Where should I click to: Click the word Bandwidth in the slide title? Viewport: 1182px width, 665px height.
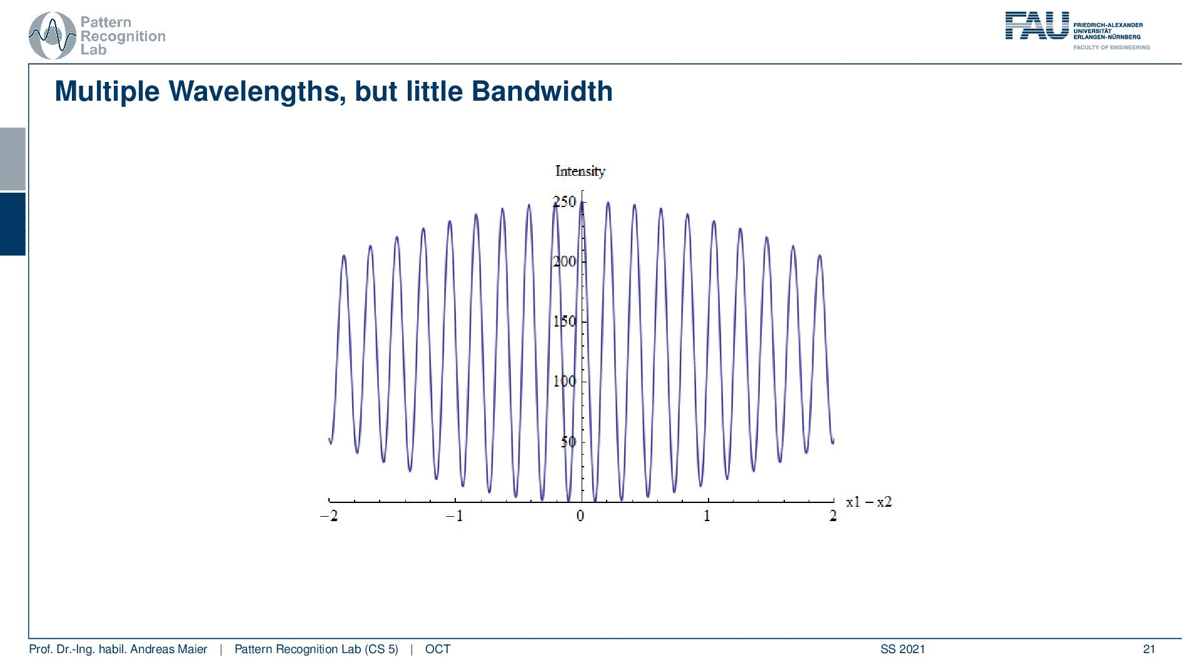[542, 91]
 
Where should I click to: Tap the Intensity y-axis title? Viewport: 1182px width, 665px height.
[580, 171]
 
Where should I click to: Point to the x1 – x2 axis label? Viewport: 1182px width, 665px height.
[869, 502]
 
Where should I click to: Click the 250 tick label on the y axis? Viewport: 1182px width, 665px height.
[564, 201]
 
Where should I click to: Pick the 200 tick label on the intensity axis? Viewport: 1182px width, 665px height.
[564, 261]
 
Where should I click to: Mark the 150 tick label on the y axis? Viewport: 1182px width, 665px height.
[564, 322]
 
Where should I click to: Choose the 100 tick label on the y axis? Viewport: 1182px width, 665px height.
[564, 382]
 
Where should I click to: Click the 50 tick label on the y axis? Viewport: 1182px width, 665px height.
[568, 442]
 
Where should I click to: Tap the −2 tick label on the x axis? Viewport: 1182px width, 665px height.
[329, 516]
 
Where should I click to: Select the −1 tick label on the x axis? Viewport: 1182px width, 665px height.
[455, 516]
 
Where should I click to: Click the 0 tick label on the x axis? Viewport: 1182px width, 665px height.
[580, 516]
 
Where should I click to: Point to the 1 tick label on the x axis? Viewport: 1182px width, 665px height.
[707, 516]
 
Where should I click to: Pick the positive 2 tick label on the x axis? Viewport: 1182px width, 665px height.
[833, 516]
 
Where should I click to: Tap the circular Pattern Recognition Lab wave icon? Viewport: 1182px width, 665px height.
[53, 36]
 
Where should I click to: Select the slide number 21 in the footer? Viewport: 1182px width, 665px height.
[1149, 649]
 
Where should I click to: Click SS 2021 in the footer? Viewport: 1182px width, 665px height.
[902, 649]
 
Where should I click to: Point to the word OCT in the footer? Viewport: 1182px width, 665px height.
[438, 649]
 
